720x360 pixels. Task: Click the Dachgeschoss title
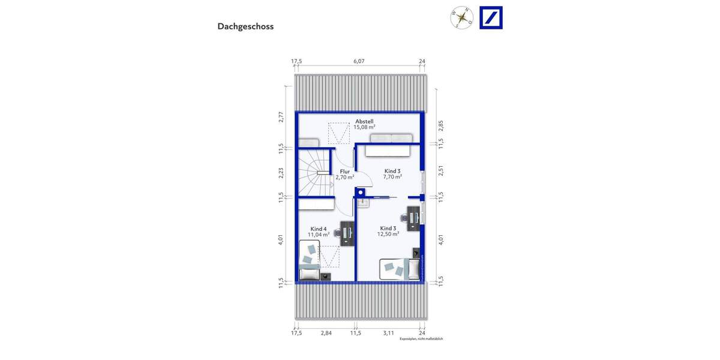pyautogui.click(x=245, y=26)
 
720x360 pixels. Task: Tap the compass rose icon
pyautogui.click(x=462, y=17)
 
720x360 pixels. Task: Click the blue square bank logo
pyautogui.click(x=491, y=17)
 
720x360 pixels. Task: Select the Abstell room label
pyautogui.click(x=364, y=121)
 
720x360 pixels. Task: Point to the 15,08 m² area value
pyautogui.click(x=364, y=127)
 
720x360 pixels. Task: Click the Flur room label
pyautogui.click(x=344, y=172)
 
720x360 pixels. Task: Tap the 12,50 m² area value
pyautogui.click(x=388, y=234)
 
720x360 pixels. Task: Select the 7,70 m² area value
pyautogui.click(x=392, y=177)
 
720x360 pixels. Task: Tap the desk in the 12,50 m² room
pyautogui.click(x=413, y=218)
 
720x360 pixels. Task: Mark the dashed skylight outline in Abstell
pyautogui.click(x=339, y=133)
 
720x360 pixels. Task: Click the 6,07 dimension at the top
pyautogui.click(x=359, y=61)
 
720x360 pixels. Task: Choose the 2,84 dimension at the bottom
pyautogui.click(x=326, y=332)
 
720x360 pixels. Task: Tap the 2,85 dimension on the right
pyautogui.click(x=440, y=126)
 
